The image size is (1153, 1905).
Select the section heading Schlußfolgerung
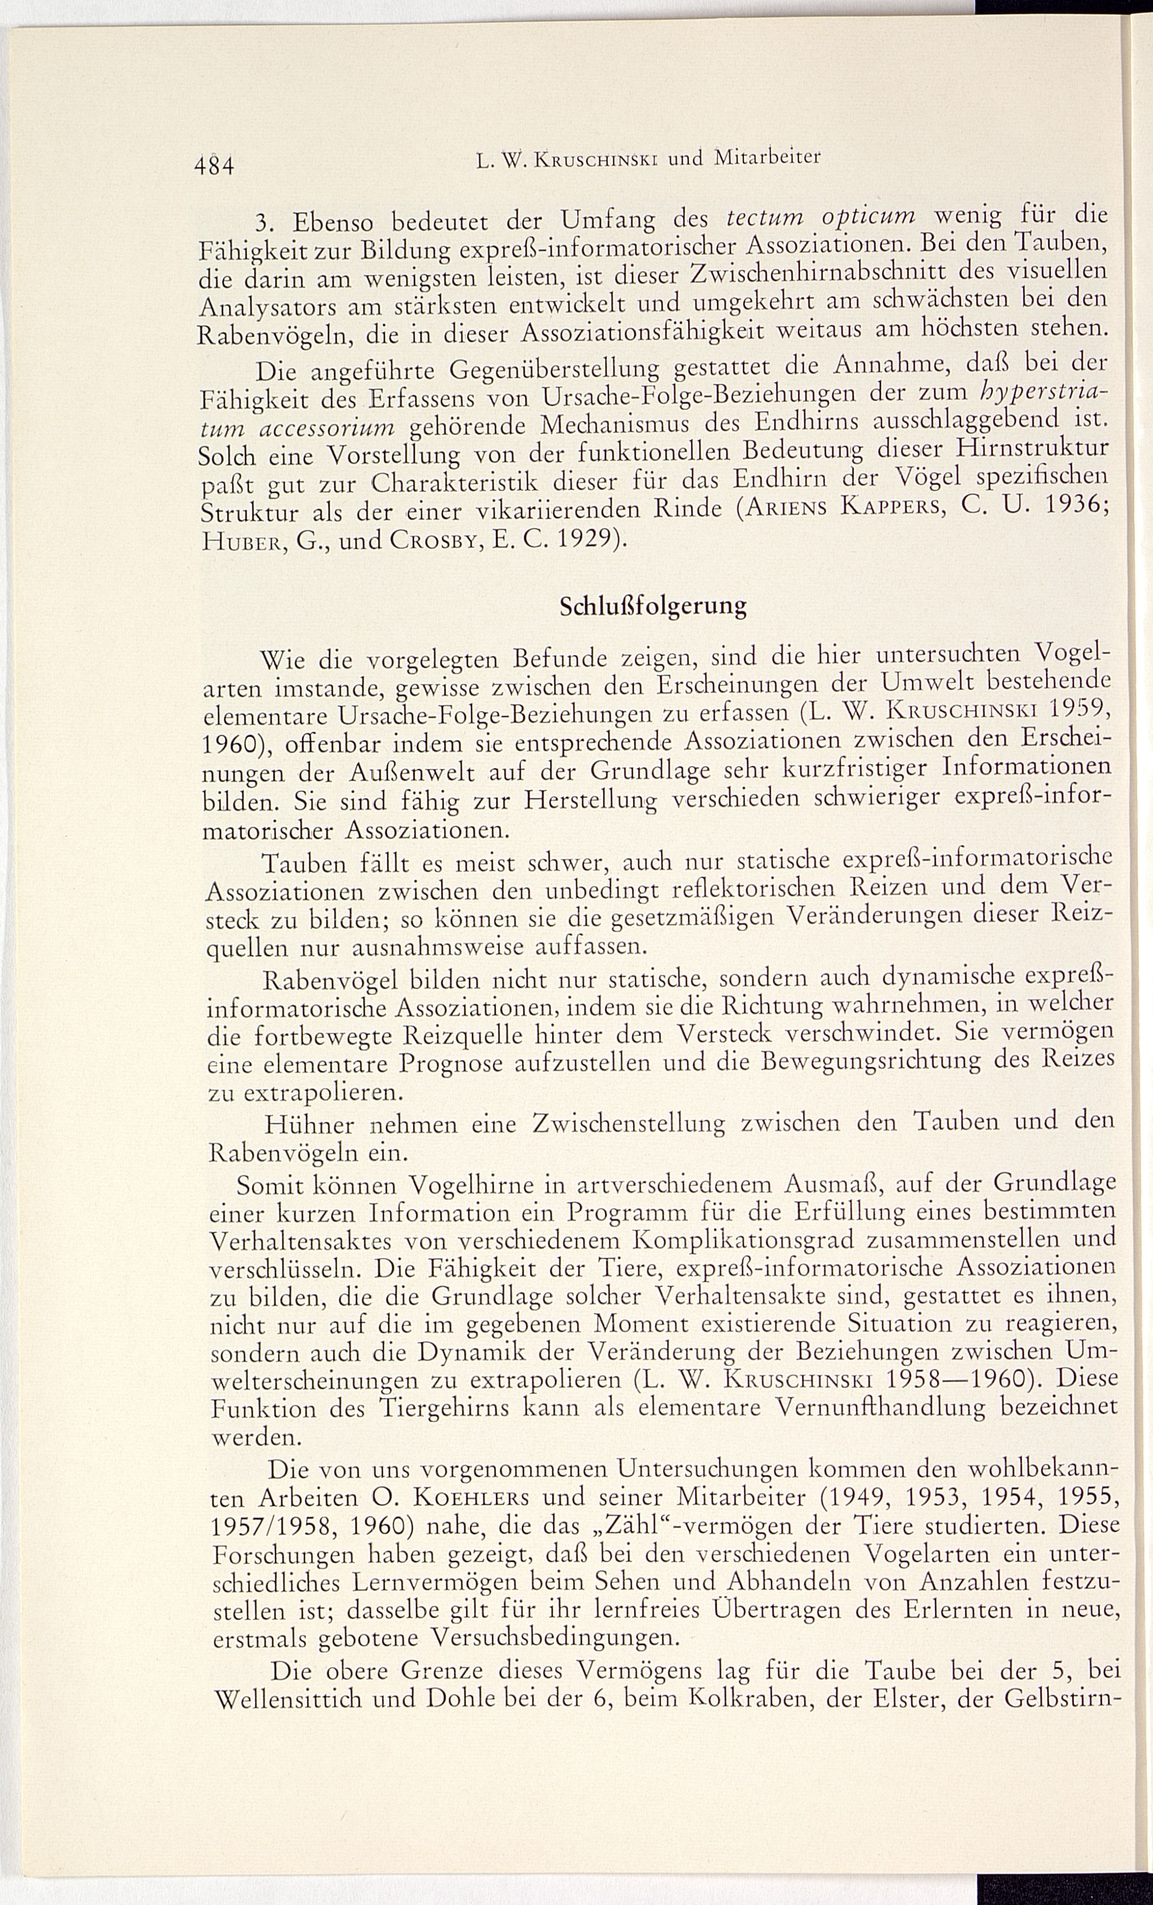[x=654, y=605]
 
